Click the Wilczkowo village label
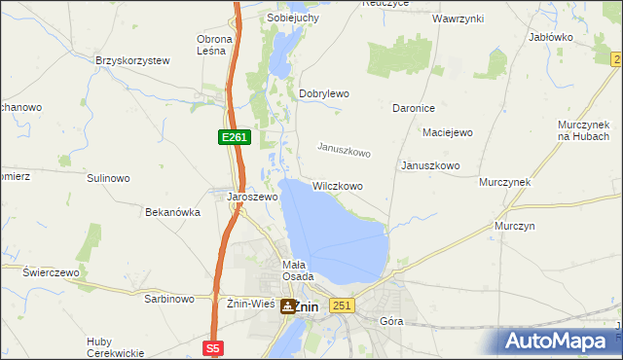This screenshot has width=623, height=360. point(338,185)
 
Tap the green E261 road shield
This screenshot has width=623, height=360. point(235,138)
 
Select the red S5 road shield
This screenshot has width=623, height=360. point(214,347)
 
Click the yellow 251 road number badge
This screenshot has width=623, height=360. point(341,306)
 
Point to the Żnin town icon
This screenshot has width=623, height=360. point(288,306)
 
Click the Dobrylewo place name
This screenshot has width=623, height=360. point(324,93)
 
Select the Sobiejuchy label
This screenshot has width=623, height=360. point(294,18)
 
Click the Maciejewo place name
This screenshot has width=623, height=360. point(447,131)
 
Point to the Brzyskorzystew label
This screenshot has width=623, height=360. point(132,60)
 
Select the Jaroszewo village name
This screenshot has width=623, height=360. point(252,197)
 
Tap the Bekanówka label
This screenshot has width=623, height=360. point(172,211)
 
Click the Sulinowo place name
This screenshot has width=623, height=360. point(108,178)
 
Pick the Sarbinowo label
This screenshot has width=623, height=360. point(170,299)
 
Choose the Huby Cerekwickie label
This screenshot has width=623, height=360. point(115,346)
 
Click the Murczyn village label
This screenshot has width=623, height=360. point(515,225)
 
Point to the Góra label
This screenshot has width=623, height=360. point(391,320)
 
